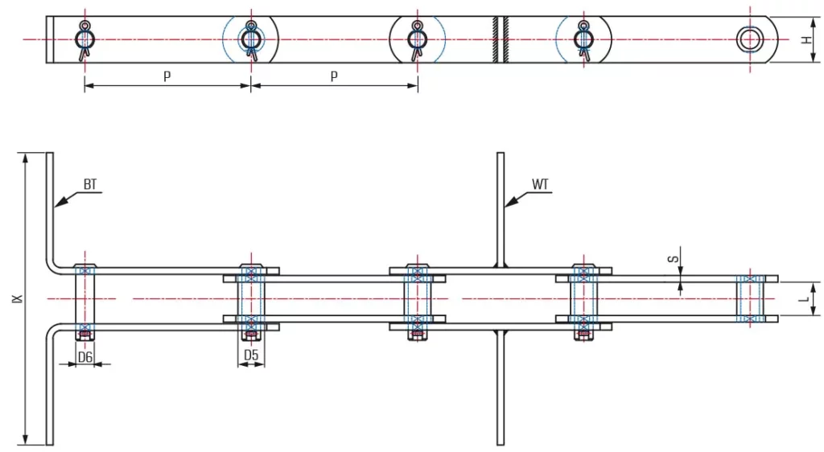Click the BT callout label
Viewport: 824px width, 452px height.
pyautogui.click(x=90, y=184)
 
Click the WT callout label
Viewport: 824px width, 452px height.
pyautogui.click(x=541, y=184)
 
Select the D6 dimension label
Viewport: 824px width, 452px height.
pyautogui.click(x=85, y=355)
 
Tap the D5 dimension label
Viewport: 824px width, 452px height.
pyautogui.click(x=251, y=355)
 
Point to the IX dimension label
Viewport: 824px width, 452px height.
pyautogui.click(x=17, y=298)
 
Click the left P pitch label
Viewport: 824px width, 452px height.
pyautogui.click(x=167, y=76)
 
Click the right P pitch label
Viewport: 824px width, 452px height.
pyautogui.click(x=334, y=76)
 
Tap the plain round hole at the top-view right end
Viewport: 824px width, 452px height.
pyautogui.click(x=751, y=39)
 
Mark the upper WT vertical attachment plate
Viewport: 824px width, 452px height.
pyautogui.click(x=501, y=209)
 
